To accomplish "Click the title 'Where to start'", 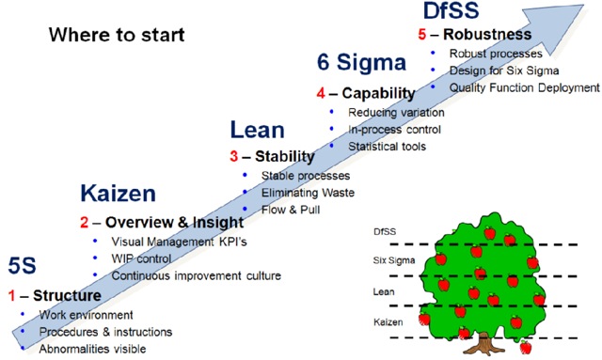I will pyautogui.click(x=117, y=37).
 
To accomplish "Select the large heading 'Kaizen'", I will pyautogui.click(x=117, y=195).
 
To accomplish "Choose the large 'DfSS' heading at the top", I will pyautogui.click(x=451, y=11).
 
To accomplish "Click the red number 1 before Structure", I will pyautogui.click(x=13, y=294).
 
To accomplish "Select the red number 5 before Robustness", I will pyautogui.click(x=422, y=35).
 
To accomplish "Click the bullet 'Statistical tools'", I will pyautogui.click(x=388, y=146).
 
